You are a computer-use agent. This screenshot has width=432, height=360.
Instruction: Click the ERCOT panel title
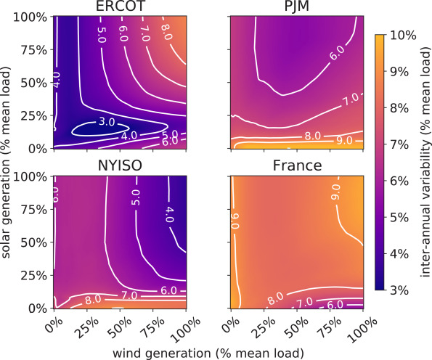121,8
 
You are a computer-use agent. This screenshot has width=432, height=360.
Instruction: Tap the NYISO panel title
121,165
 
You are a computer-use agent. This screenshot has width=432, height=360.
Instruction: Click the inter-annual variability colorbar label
424,162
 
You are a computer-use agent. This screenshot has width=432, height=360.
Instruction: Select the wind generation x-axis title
208,352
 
